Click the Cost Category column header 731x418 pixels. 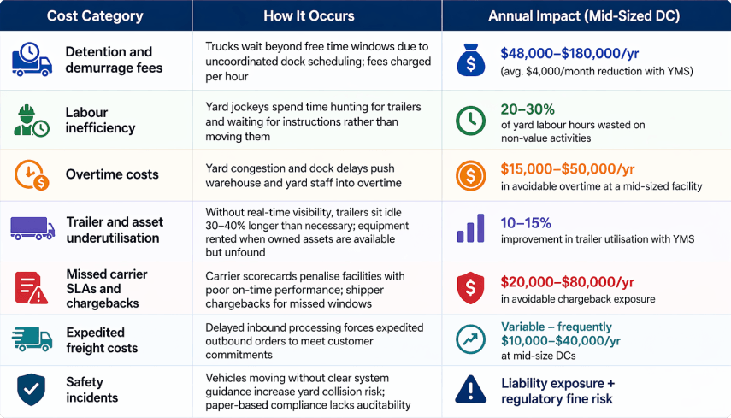point(96,15)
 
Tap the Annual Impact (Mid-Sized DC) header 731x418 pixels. point(586,15)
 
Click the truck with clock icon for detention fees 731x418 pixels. point(32,60)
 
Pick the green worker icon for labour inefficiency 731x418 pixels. point(31,120)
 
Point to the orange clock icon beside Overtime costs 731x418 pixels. point(31,174)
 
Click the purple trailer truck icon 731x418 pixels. point(32,228)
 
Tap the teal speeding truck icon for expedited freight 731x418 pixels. point(32,339)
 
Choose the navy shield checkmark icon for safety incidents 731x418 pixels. point(31,389)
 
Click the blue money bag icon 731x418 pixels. point(470,60)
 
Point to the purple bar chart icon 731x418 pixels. point(470,228)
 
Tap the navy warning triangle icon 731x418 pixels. point(470,389)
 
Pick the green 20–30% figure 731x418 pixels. point(528,109)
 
